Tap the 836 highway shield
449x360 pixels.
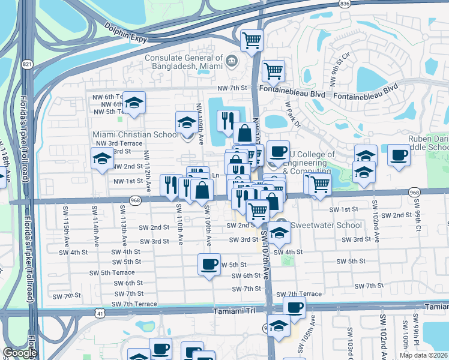pos(344,4)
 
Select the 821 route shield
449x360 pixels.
pos(26,64)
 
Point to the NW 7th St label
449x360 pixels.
pos(232,88)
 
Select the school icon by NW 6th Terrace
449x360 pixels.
pos(135,103)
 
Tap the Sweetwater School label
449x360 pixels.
pos(327,226)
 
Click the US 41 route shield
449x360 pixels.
pos(100,313)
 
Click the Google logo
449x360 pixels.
pos(20,353)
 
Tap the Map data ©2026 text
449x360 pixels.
pos(424,355)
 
